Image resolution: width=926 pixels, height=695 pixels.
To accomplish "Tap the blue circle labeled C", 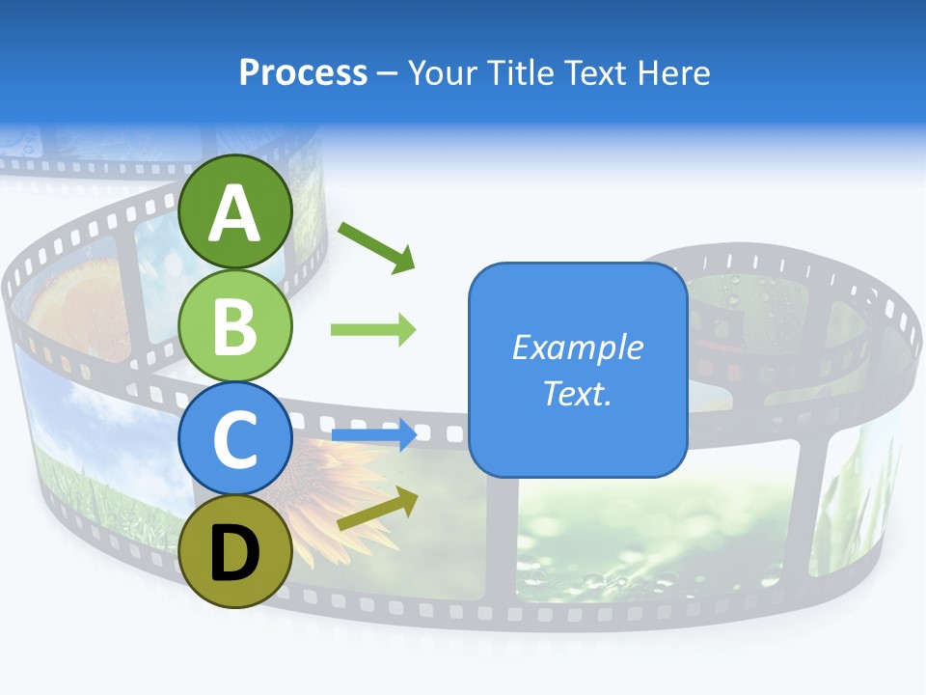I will pos(235,439).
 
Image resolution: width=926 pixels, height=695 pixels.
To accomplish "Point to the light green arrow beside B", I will pos(373,330).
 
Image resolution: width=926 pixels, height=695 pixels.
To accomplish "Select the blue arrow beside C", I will pos(374,434).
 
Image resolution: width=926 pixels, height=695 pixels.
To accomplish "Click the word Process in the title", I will pos(303,73).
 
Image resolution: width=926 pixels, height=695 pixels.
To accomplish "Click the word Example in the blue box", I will pos(577,347).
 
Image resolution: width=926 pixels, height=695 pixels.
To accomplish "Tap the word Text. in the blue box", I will pos(577,393).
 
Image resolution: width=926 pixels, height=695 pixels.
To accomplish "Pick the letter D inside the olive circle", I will pos(235,553).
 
